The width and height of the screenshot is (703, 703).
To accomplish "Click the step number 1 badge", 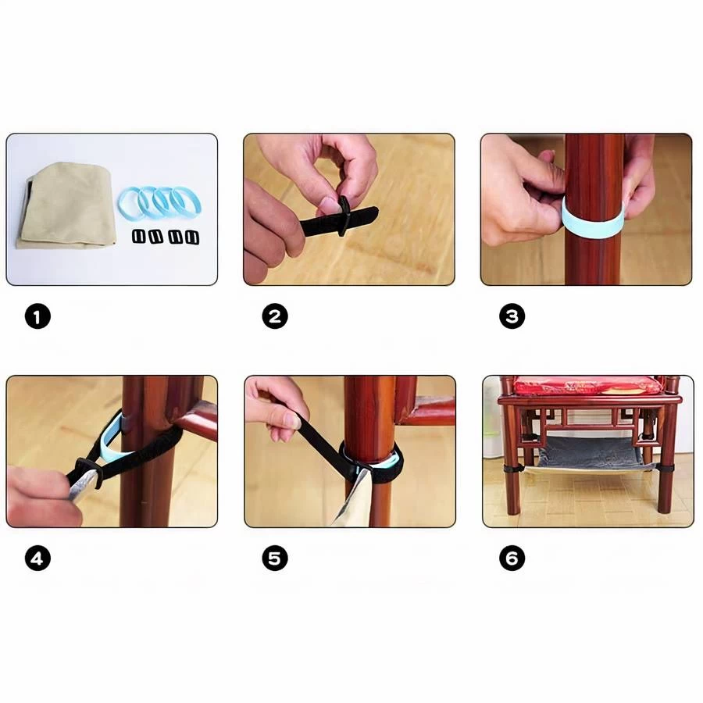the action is coord(37,316).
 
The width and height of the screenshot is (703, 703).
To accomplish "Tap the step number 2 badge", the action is coord(275,316).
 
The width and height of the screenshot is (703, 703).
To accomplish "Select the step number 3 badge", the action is coord(512,316).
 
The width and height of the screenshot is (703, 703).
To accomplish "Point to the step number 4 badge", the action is coord(37,558).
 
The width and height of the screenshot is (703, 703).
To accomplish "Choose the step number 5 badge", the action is coord(275,558).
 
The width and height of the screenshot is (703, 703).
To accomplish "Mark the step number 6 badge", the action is coord(512,558).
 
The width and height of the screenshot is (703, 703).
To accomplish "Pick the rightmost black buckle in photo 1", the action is coord(192,237).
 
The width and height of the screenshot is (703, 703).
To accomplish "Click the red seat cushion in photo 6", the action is coord(586,386).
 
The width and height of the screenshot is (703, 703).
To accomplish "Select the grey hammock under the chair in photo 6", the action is coord(590,453).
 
